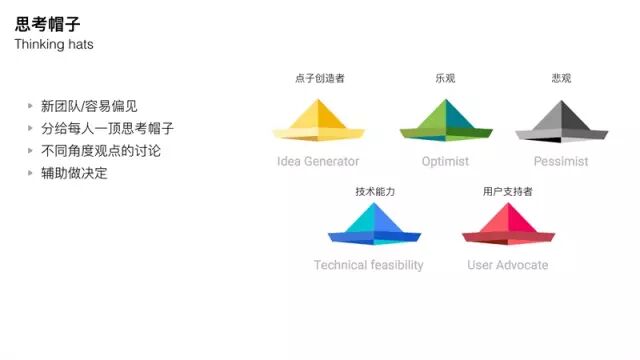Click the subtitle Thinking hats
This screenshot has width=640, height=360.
(54, 45)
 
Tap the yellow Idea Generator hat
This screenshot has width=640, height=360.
(318, 123)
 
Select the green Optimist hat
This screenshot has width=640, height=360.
(445, 123)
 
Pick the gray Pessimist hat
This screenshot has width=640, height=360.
(561, 123)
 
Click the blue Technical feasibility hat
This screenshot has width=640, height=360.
(374, 226)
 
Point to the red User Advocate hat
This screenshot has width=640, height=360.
(508, 226)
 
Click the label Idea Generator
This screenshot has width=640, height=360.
(318, 161)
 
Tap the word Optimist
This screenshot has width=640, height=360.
(445, 161)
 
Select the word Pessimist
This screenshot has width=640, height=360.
(561, 161)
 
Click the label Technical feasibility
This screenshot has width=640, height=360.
(368, 265)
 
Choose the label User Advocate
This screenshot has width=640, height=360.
(508, 265)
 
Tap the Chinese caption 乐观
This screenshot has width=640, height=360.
(445, 78)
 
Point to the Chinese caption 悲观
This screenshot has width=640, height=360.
(561, 78)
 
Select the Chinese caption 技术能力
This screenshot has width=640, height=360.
(375, 191)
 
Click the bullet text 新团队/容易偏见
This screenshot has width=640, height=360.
(89, 106)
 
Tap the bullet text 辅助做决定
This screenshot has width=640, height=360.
(74, 172)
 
